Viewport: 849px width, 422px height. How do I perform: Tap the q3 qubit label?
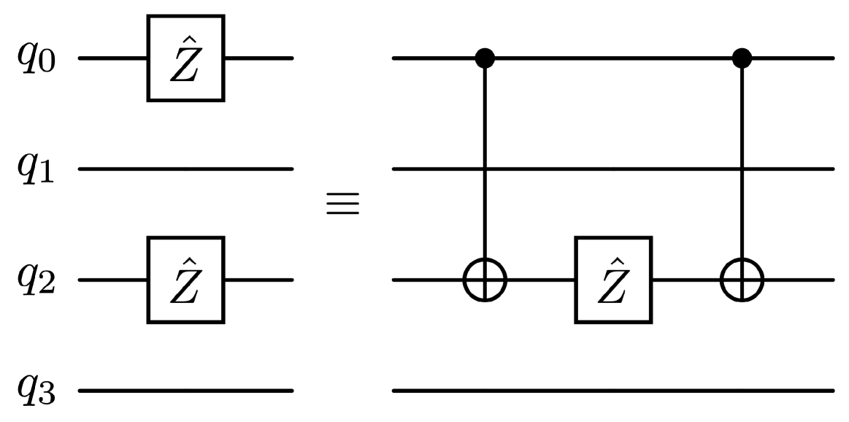tap(37, 394)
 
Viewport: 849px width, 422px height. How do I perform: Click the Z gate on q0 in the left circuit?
tap(186, 58)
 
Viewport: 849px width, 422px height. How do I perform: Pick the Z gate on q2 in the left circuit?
tap(186, 280)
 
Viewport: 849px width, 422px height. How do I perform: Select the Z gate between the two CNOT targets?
tap(613, 280)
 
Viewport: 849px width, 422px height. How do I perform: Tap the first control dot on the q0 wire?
tap(485, 58)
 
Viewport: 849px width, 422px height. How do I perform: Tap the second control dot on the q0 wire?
tap(742, 58)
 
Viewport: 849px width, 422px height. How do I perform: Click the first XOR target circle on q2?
tap(485, 280)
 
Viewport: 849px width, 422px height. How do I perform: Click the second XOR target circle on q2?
tap(742, 280)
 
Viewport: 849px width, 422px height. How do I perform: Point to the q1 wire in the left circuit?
tap(186, 169)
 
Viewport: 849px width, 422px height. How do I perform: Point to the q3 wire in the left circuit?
tap(186, 391)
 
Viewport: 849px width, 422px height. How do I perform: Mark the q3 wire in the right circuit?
tap(613, 391)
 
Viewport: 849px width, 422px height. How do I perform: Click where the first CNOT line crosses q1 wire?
tap(485, 169)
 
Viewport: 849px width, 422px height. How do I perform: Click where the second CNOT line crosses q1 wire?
tap(742, 169)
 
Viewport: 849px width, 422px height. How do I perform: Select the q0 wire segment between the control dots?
tap(613, 58)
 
